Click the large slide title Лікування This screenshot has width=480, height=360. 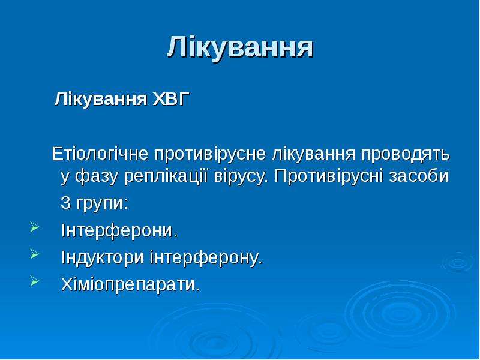tap(240, 47)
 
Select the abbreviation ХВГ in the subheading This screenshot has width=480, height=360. tap(171, 99)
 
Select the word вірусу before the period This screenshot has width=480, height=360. tap(238, 178)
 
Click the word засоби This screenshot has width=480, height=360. tap(419, 176)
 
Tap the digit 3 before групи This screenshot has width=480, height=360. tap(65, 202)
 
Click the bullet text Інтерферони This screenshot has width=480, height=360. tap(119, 231)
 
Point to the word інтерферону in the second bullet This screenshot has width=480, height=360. tap(204, 258)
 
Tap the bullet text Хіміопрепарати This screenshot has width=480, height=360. tap(130, 284)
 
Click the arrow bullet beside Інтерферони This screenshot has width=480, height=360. tap(35, 227)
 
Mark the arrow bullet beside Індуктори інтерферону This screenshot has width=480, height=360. tap(35, 254)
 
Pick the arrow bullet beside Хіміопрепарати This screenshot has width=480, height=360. tap(35, 281)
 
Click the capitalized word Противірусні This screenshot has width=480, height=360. tap(329, 176)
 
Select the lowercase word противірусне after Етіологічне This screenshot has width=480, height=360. tap(209, 155)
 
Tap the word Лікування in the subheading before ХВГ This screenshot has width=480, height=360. tap(101, 100)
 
